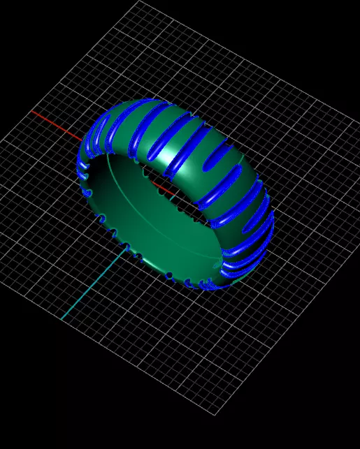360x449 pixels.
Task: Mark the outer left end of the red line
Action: tap(32, 110)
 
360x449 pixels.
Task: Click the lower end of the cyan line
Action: tap(62, 319)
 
